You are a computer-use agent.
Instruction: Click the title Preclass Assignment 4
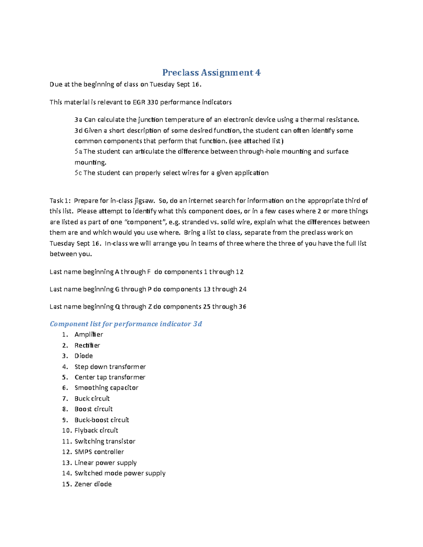tap(211, 73)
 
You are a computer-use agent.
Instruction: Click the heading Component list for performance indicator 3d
tap(126, 324)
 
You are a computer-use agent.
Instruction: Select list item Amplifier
tap(89, 335)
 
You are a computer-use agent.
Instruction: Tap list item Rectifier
tap(87, 346)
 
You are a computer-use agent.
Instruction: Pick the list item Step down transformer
tap(110, 367)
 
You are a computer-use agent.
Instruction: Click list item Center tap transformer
tap(110, 377)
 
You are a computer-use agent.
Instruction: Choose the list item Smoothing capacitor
tap(106, 388)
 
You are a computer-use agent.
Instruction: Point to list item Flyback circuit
tap(96, 430)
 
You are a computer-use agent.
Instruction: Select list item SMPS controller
tap(99, 452)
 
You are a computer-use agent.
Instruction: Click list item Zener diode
tap(93, 484)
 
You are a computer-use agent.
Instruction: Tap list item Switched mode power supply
tap(120, 473)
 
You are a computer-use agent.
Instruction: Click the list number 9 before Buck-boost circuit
tap(65, 420)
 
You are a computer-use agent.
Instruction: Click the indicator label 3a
tap(78, 120)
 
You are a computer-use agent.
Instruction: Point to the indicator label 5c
tap(78, 173)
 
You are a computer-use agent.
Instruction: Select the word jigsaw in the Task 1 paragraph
tap(144, 201)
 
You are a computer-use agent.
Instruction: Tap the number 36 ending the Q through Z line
tap(242, 307)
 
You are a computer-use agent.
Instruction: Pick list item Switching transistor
tap(105, 441)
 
